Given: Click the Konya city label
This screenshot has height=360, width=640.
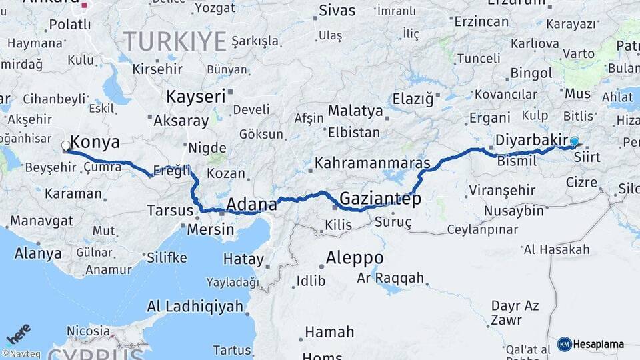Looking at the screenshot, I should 95,142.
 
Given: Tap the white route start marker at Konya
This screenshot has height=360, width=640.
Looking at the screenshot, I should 66,145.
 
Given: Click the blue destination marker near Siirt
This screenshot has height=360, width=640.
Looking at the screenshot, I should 574,141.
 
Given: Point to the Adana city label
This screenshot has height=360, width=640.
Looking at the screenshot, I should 252,203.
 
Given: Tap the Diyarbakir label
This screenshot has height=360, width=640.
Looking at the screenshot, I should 531,141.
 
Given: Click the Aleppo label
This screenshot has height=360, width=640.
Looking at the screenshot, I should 355,258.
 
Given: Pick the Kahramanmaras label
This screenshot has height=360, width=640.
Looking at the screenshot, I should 373,163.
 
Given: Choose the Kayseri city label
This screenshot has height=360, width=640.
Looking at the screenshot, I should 196,96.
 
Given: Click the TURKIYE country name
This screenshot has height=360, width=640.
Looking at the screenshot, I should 175,41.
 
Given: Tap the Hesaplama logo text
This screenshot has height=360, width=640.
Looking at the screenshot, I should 598,344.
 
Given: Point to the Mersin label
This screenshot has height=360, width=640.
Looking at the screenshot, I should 210,229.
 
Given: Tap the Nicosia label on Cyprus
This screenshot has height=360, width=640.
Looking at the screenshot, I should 88,331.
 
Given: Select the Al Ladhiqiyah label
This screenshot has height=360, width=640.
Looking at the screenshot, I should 195,307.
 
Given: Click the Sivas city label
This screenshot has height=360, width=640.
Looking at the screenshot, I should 337,10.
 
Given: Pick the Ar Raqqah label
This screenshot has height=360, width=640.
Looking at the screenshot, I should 391,277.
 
